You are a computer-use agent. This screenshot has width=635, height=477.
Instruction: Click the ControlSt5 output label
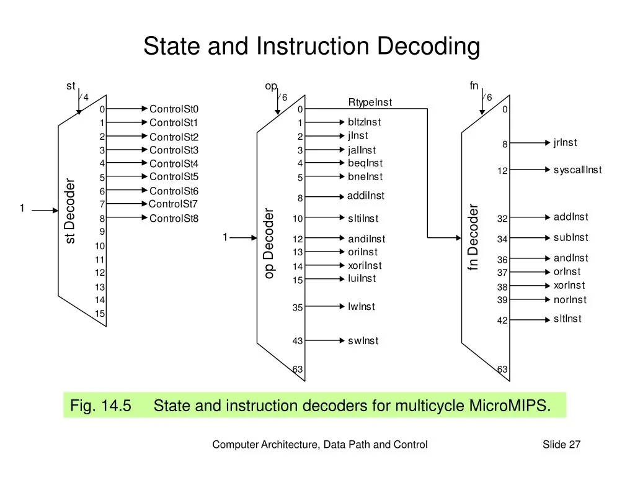point(174,177)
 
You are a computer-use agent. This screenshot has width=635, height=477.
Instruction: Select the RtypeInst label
point(370,102)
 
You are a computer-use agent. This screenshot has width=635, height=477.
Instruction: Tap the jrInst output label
point(565,143)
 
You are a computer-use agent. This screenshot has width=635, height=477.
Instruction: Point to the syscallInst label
point(577,170)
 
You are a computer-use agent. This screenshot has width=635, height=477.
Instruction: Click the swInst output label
point(363,341)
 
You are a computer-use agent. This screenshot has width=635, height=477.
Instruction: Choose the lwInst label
point(362,307)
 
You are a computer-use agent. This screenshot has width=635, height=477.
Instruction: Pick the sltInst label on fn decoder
point(567,319)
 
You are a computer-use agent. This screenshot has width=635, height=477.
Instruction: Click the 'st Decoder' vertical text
point(70,211)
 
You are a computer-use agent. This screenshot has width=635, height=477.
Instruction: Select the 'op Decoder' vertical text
point(269,243)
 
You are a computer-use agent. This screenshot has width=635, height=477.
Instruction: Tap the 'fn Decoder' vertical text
point(473,237)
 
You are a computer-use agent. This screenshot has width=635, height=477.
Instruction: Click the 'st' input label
point(71,86)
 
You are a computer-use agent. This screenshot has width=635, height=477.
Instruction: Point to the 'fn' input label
point(474,86)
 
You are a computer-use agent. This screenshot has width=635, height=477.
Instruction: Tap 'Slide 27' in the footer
point(561,444)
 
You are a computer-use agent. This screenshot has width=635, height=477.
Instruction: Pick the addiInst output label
point(365,196)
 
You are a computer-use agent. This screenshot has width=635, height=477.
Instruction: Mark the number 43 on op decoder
point(298,341)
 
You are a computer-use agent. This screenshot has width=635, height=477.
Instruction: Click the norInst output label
point(570,300)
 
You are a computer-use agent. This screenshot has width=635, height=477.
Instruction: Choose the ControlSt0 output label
point(174,109)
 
